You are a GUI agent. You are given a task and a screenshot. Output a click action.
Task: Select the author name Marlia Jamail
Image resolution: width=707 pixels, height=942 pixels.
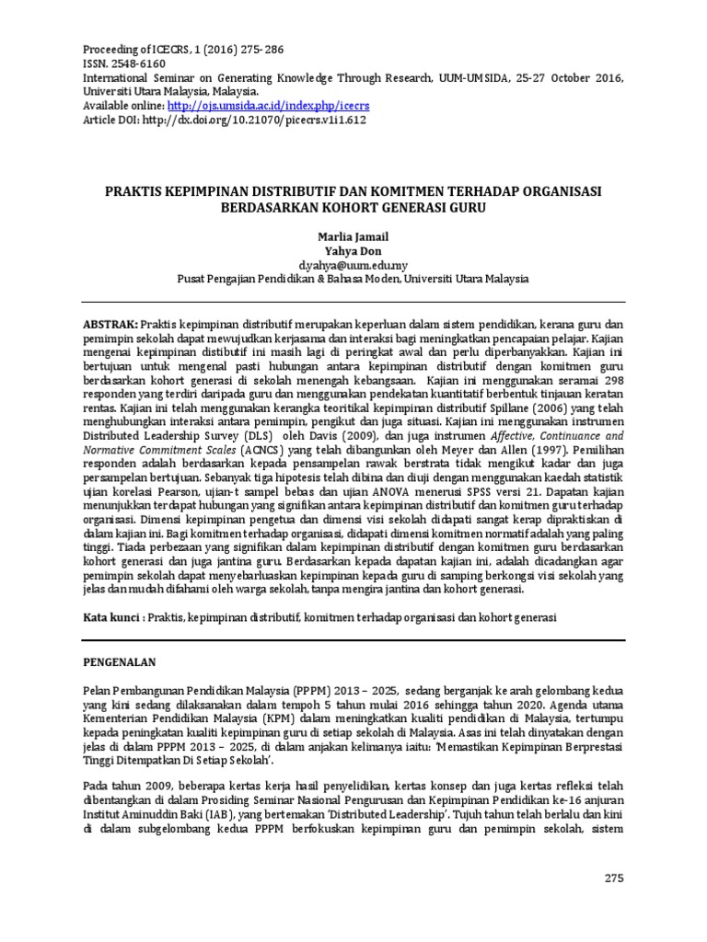pos(353,235)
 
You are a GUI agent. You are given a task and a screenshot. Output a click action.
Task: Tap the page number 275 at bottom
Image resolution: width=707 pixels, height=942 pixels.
pos(614,878)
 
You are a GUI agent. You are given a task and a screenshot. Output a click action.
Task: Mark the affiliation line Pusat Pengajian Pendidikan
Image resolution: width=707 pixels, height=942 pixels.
pos(353,278)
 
